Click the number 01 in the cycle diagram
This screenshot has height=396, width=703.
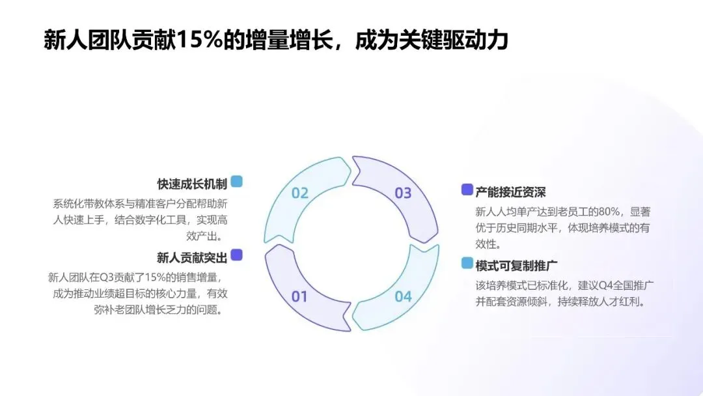point(299,297)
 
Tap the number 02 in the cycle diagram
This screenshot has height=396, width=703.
point(299,193)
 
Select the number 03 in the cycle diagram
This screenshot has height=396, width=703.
point(404,193)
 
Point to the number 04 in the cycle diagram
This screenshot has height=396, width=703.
point(404,297)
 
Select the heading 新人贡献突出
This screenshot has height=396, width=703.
point(192,257)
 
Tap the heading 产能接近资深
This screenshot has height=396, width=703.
point(510,191)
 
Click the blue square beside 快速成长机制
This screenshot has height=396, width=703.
point(236,182)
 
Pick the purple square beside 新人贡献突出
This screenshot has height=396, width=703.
point(236,255)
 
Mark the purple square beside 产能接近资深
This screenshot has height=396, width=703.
point(467,190)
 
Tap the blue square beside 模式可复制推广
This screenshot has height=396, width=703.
point(467,263)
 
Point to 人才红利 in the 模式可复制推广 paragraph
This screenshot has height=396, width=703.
point(622,302)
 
